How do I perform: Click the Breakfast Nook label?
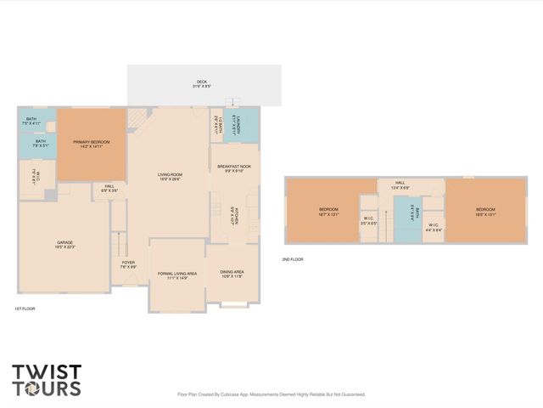pos(234,168)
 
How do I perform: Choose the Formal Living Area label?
pos(177,275)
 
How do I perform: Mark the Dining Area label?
pos(232,274)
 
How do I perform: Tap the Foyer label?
pos(128,264)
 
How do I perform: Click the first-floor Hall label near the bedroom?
pos(109,188)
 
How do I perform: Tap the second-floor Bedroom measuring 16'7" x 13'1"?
pos(329,211)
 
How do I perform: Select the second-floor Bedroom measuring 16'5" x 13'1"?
pos(484,211)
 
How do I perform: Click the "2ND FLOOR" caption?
pos(293,259)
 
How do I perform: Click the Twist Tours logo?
pos(47,380)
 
